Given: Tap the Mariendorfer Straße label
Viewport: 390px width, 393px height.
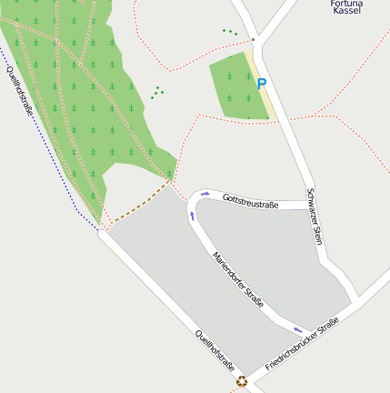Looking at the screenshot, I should pyautogui.click(x=238, y=279).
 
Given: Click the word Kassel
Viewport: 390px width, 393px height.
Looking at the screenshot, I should pyautogui.click(x=347, y=11).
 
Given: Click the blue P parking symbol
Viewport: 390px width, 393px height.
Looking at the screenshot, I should pyautogui.click(x=262, y=85).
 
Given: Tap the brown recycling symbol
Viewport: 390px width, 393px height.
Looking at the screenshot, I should pyautogui.click(x=242, y=381).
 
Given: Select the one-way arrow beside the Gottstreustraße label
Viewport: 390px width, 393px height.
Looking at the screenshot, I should pyautogui.click(x=205, y=194).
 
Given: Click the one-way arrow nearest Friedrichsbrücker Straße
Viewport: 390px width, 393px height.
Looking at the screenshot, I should pyautogui.click(x=298, y=329).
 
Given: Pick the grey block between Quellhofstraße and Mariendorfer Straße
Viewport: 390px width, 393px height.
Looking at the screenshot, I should pyautogui.click(x=182, y=273).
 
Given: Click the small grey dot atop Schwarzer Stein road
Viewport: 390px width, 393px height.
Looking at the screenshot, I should pyautogui.click(x=255, y=40).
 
